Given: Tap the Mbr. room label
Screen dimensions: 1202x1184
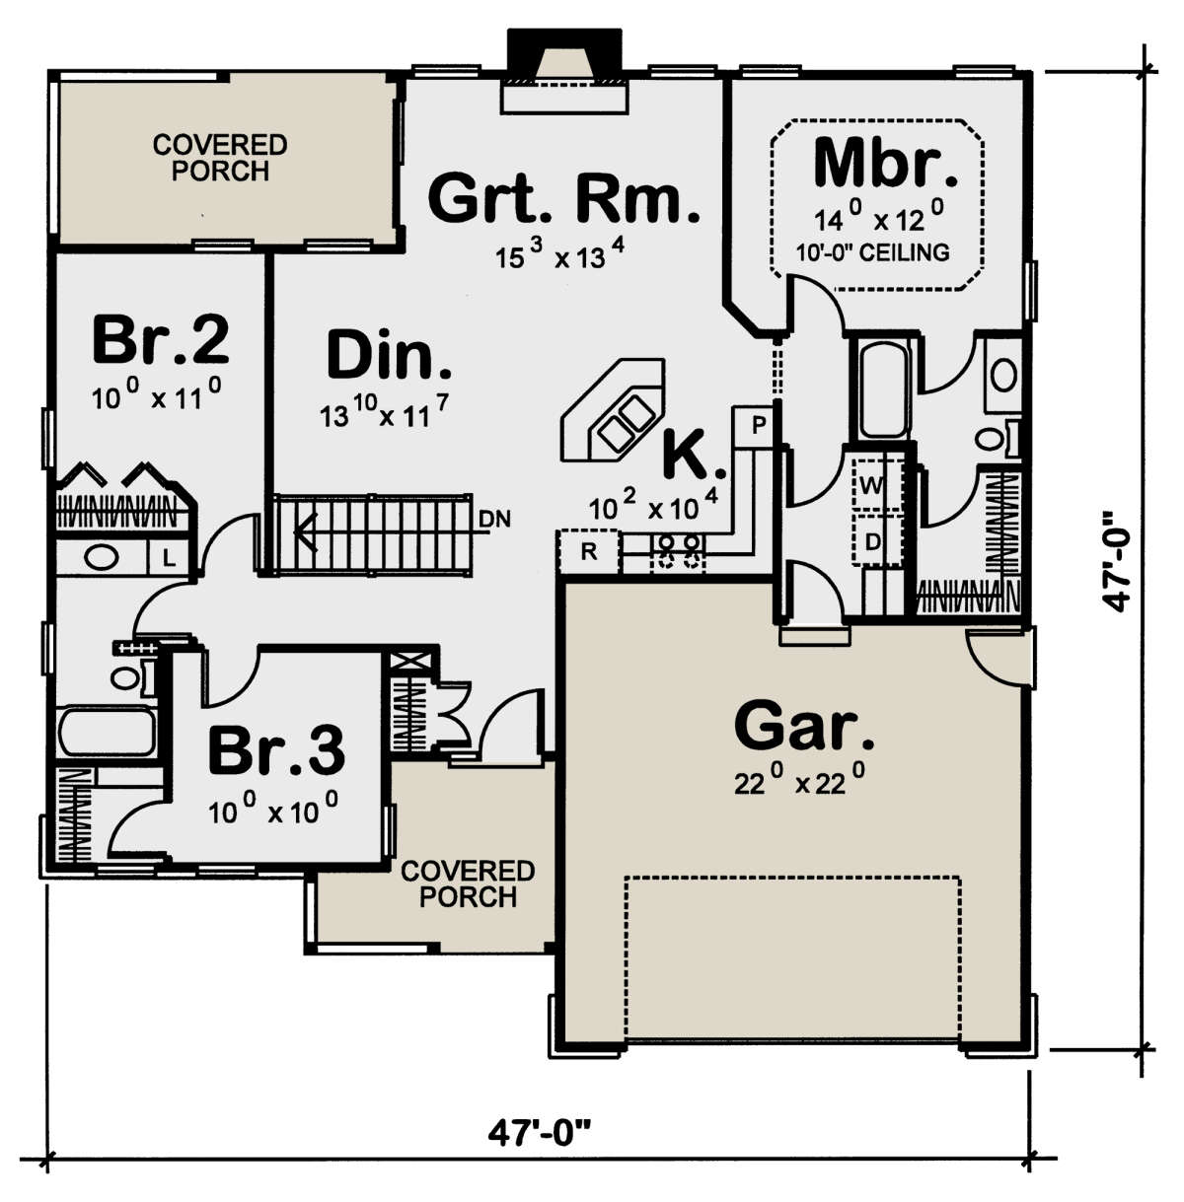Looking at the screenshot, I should coord(885,165).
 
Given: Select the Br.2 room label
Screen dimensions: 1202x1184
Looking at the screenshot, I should coord(161,339).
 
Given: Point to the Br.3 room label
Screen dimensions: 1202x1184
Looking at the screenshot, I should coord(276,750).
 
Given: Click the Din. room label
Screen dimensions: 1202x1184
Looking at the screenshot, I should coord(390,356).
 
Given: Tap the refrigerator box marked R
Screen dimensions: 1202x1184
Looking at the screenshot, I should coord(589,551).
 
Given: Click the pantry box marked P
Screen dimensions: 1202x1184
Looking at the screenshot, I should coord(758,426).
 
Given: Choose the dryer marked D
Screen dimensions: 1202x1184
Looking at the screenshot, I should coord(872,540).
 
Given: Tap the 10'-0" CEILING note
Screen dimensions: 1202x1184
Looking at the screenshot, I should coord(872,252).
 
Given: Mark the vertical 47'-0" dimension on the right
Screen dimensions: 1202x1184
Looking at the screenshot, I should coord(1117,560).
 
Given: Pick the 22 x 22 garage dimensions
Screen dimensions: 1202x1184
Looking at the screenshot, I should coord(800,783).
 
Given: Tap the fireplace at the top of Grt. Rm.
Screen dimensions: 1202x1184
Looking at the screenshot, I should coord(564,74).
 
